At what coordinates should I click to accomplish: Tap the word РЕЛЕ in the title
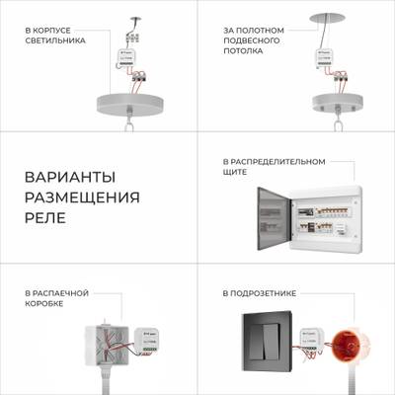click(45, 218)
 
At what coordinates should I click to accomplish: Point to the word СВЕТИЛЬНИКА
click(55, 40)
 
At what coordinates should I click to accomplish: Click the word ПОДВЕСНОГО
click(252, 40)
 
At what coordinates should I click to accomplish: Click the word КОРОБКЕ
click(45, 304)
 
